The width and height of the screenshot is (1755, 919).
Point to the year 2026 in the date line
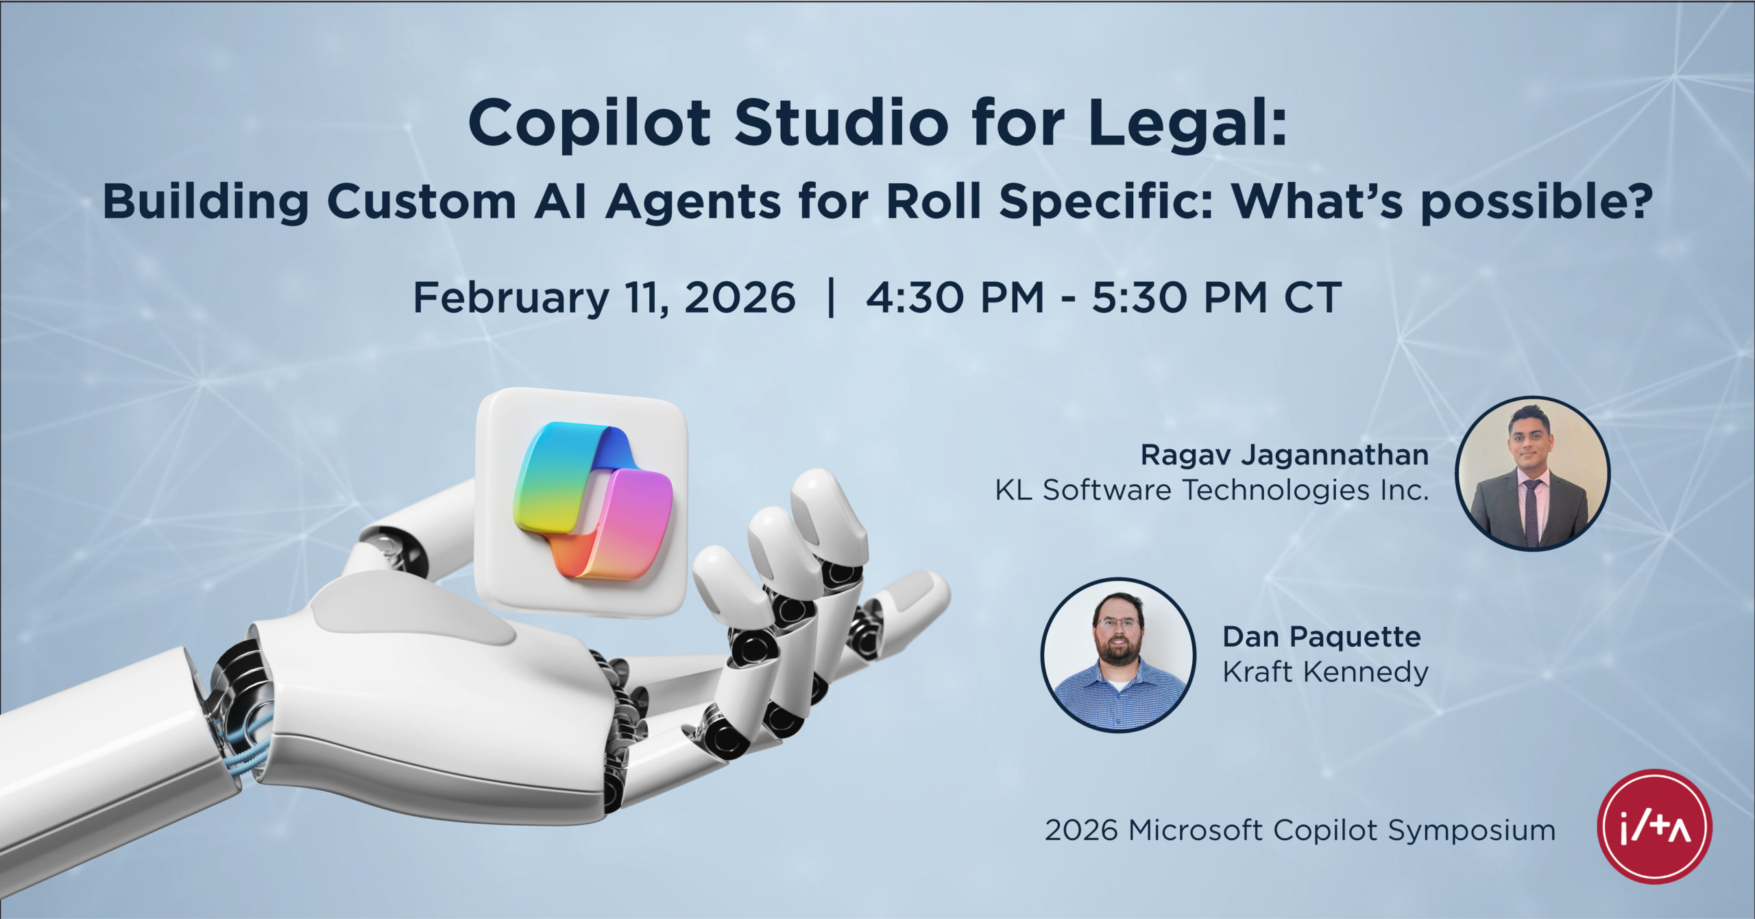(x=740, y=298)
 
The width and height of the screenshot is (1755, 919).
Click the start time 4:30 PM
(x=955, y=298)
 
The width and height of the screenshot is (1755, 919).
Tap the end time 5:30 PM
(x=1179, y=298)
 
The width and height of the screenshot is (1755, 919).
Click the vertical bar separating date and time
(x=832, y=298)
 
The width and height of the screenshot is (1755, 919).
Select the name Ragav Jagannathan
(x=1284, y=455)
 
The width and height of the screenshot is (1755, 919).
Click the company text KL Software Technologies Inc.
(x=1212, y=490)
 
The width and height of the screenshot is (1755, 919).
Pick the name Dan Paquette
(x=1321, y=636)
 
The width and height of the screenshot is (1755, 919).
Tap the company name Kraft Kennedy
(x=1325, y=671)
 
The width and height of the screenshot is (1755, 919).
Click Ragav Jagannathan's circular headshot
(x=1532, y=473)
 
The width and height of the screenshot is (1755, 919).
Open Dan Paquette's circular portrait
(x=1118, y=655)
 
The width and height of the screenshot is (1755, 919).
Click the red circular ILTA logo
(x=1654, y=826)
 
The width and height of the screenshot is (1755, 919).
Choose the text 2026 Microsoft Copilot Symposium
(x=1300, y=830)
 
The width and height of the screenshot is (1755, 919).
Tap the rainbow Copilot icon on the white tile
(x=592, y=501)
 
